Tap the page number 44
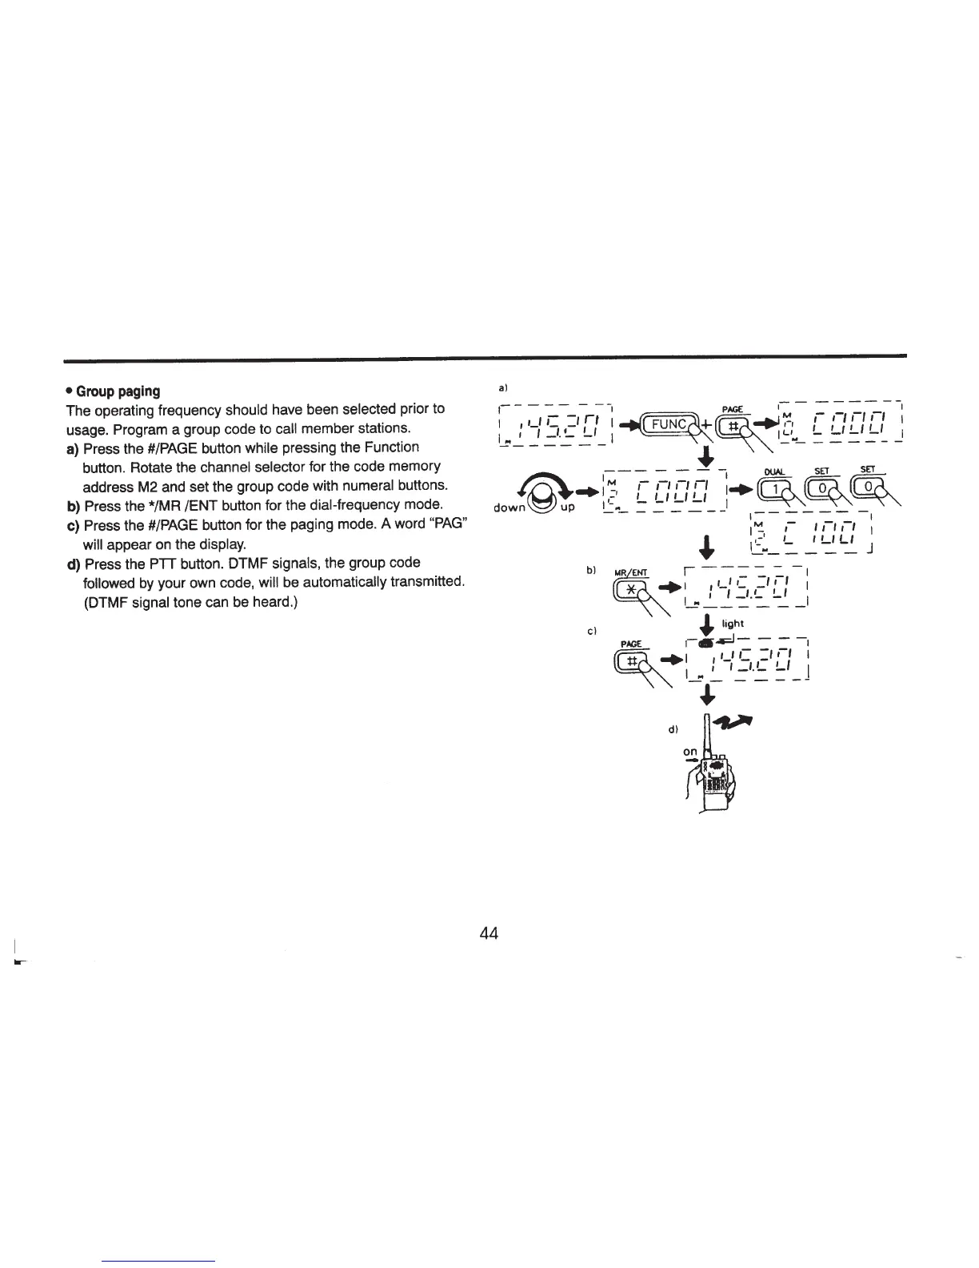tap(489, 933)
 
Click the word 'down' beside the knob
tap(509, 508)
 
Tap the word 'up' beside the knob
tap(566, 508)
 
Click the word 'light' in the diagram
tap(733, 624)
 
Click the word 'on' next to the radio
tap(692, 752)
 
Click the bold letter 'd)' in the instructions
tap(74, 563)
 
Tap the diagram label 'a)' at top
tap(503, 388)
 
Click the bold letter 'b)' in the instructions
tap(74, 505)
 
